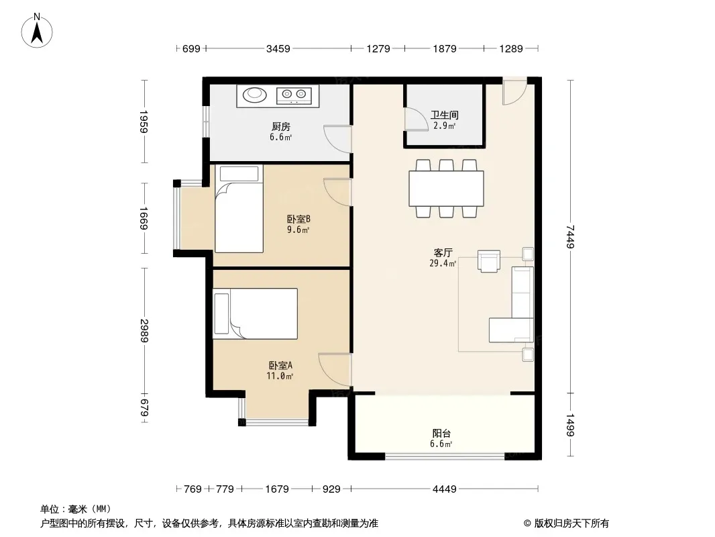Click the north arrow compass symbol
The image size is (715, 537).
[37, 31]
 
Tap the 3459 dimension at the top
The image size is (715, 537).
[278, 48]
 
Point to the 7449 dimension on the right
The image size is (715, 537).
[570, 236]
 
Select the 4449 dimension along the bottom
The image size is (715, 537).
[444, 489]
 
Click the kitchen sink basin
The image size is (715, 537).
[254, 95]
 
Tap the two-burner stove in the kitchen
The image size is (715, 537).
[294, 95]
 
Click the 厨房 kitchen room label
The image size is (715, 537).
[280, 126]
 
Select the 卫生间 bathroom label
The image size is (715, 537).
[444, 115]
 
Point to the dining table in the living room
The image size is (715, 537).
[446, 189]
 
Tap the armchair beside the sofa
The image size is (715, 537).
[489, 261]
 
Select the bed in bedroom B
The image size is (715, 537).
[239, 209]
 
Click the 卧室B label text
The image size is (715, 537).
[298, 219]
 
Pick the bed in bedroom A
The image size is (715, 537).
[256, 313]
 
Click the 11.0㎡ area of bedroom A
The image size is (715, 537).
[280, 376]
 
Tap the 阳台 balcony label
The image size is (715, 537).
[441, 434]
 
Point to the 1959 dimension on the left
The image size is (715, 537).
[144, 121]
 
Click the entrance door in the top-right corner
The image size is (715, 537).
[515, 91]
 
